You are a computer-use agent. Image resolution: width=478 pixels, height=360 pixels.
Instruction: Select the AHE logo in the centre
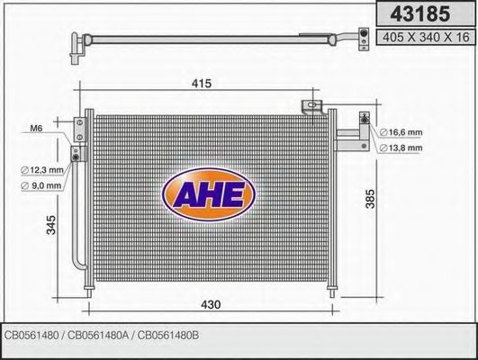(208, 192)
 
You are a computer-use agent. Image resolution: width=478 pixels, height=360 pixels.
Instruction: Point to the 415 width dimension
(202, 84)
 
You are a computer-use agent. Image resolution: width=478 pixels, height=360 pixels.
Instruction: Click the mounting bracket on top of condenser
(313, 107)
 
